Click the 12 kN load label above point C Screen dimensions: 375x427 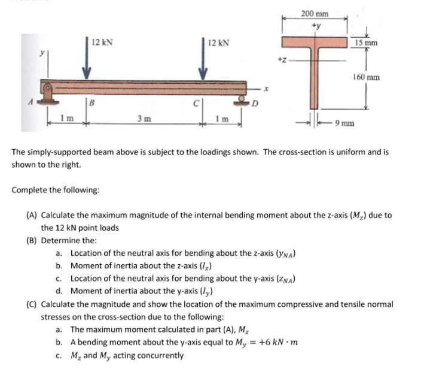pos(216,43)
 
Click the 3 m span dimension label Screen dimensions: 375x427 pos(144,119)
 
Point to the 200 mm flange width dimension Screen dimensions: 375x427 pos(315,13)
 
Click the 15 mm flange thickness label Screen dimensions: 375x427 pos(365,43)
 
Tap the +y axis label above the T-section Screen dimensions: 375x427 pos(316,25)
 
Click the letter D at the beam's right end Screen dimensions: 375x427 pos(254,109)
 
